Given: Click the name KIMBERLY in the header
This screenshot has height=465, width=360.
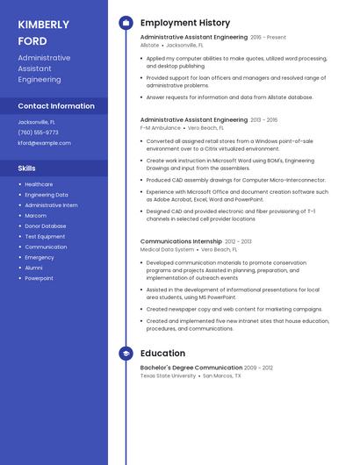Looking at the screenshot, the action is [43, 25].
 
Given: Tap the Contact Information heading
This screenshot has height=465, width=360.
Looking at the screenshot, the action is [56, 106].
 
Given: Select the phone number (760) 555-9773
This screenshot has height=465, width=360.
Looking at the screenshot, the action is [38, 132].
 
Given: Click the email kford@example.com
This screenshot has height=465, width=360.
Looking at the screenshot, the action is [44, 143].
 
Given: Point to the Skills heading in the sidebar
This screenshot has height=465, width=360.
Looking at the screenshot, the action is [27, 168].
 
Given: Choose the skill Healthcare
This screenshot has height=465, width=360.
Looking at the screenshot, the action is [39, 184].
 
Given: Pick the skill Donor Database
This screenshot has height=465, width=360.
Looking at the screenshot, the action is [46, 225].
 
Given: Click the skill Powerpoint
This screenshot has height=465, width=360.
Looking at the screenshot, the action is [39, 278].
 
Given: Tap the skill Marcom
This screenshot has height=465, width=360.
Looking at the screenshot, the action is [36, 215].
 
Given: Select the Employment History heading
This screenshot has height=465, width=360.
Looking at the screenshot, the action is [185, 23].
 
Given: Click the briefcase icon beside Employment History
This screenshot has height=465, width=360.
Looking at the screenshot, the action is [126, 23].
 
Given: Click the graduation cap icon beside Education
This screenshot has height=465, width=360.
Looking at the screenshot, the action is [126, 354].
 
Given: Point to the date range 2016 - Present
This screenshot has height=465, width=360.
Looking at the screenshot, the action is [268, 38].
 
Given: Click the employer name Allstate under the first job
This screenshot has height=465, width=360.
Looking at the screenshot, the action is [150, 45].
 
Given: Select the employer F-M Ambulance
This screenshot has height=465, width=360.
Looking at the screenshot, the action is [161, 127].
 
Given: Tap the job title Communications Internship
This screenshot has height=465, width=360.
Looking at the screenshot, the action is [181, 241].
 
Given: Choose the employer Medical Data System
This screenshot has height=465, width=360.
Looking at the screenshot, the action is [167, 249].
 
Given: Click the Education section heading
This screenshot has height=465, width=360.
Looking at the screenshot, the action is [162, 354].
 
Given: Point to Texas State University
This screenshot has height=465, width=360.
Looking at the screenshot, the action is [168, 376].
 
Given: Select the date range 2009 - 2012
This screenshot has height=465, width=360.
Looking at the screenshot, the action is [258, 368].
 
